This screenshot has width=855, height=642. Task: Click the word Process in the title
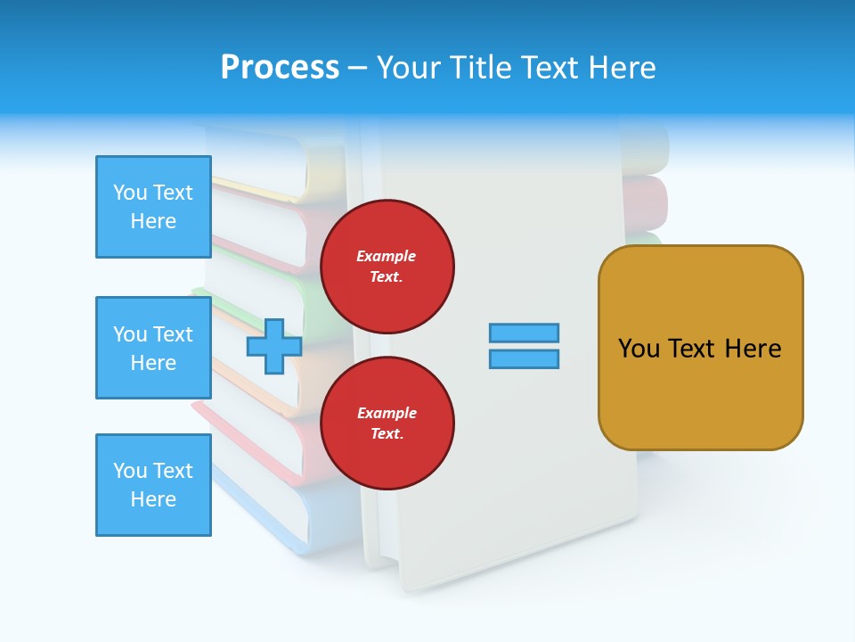[280, 68]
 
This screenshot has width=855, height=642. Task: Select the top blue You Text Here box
[153, 207]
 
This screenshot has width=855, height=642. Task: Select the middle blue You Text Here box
[153, 348]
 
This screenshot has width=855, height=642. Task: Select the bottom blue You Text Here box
[153, 485]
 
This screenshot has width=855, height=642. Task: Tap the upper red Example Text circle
[387, 267]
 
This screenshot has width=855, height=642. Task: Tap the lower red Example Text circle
[387, 424]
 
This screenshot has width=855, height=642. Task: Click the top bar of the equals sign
[524, 333]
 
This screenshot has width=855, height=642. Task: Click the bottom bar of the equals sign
[524, 358]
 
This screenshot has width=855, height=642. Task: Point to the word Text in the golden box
[696, 349]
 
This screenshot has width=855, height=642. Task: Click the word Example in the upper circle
[387, 256]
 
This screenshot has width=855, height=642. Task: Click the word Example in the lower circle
[387, 413]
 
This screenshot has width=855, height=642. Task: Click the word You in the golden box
[638, 349]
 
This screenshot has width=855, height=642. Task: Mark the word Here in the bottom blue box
[153, 499]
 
